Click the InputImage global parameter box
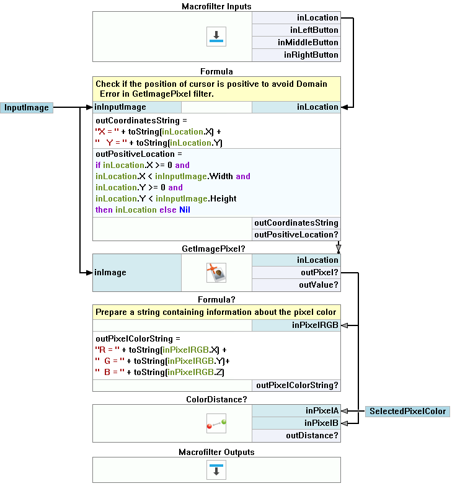[26, 107]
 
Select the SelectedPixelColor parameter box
[407, 411]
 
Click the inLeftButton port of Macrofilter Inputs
[296, 30]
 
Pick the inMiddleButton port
[296, 42]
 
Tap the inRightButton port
[296, 55]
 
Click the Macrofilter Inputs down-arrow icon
[216, 37]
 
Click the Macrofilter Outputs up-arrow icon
[216, 469]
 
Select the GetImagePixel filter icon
[216, 272]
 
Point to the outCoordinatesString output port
[296, 223]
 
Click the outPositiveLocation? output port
[296, 234]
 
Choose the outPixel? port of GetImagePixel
[296, 272]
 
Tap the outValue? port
[296, 285]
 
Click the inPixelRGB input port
[296, 325]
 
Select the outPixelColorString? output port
[296, 385]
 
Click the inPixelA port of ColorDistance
[296, 410]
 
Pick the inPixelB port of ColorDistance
[296, 423]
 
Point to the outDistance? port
[296, 435]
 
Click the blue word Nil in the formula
[185, 210]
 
